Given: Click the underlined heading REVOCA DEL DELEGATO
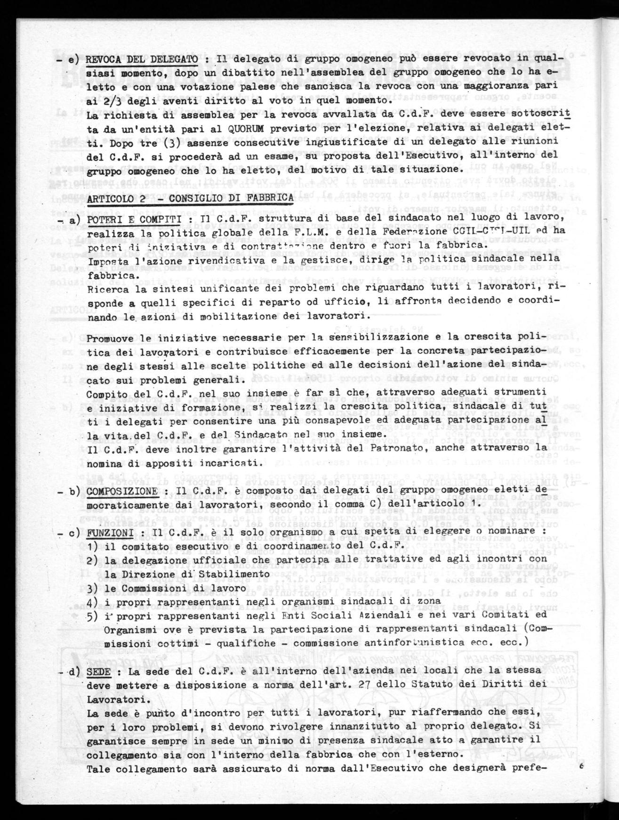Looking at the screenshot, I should click(142, 59).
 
